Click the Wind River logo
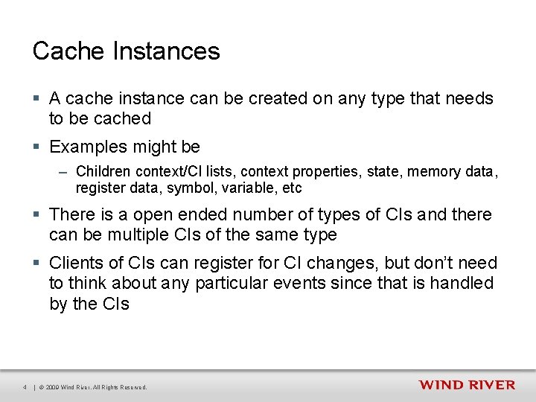(467, 384)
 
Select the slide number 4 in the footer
(25, 387)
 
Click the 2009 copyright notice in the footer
(93, 387)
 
